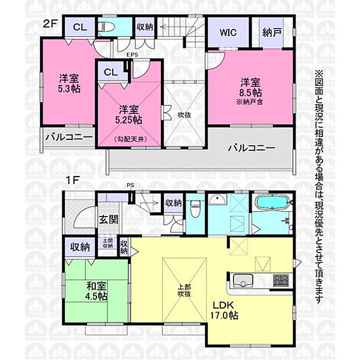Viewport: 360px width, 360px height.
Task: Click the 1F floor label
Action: click(x=72, y=181)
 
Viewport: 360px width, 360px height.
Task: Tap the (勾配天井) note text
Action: click(x=128, y=139)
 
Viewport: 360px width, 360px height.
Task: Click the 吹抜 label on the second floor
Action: click(x=185, y=115)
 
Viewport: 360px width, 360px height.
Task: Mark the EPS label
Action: click(x=132, y=56)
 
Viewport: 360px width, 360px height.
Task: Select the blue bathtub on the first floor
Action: click(x=272, y=204)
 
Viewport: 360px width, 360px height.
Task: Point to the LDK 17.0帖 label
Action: click(x=224, y=311)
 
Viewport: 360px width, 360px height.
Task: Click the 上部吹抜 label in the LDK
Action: click(x=183, y=289)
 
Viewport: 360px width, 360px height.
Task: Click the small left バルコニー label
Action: click(x=69, y=138)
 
